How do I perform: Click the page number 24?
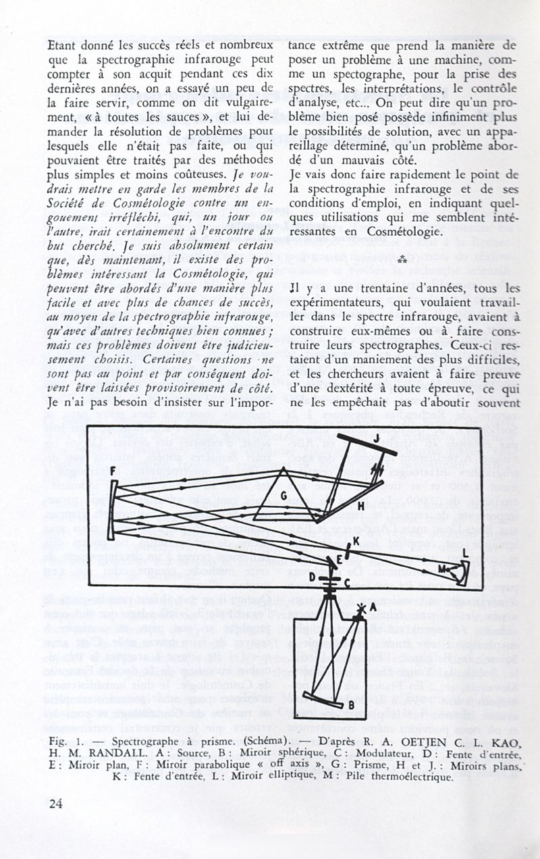click(x=55, y=803)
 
